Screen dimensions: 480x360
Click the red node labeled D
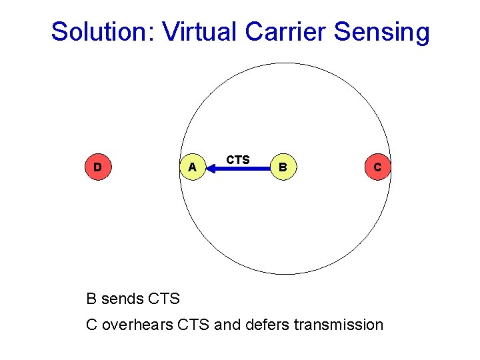[x=97, y=167]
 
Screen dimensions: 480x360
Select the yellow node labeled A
[x=192, y=167]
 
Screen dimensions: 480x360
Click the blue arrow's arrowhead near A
[x=213, y=169]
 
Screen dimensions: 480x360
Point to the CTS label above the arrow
[x=238, y=159]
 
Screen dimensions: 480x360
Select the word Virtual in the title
[x=198, y=31]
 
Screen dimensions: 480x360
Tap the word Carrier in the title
[x=284, y=31]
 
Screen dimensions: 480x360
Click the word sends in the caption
[x=123, y=299]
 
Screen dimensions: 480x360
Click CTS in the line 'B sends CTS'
[x=164, y=299]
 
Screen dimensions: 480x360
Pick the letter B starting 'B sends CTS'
[x=92, y=299]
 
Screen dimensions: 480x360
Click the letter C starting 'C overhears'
[x=92, y=325]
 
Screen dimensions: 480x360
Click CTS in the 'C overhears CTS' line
[x=195, y=325]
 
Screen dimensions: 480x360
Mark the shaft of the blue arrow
[x=243, y=169]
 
